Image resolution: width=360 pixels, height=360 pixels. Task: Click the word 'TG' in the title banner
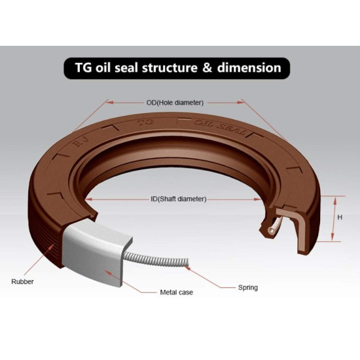(x=84, y=67)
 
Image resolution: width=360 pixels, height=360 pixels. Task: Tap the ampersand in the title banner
(x=207, y=67)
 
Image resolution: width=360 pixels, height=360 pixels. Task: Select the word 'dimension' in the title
(x=249, y=67)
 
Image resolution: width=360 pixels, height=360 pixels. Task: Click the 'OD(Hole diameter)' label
(x=175, y=102)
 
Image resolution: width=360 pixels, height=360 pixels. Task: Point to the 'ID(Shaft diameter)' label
(x=179, y=199)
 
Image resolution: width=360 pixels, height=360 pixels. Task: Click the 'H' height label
(x=340, y=217)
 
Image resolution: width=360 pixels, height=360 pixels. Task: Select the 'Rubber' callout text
(x=22, y=281)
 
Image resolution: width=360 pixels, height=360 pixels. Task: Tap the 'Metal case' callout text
(x=176, y=293)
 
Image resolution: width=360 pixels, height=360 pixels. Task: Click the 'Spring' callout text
(x=248, y=287)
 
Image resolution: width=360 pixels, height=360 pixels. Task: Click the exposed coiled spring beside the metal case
(x=157, y=260)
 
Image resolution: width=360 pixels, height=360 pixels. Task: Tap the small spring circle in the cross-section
(x=272, y=230)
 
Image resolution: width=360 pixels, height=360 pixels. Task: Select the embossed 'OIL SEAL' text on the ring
(x=221, y=128)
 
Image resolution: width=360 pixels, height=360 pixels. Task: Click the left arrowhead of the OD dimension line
(x=110, y=102)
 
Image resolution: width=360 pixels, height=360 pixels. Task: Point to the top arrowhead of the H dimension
(x=335, y=200)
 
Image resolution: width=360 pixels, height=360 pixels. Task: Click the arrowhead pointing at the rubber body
(x=52, y=247)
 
